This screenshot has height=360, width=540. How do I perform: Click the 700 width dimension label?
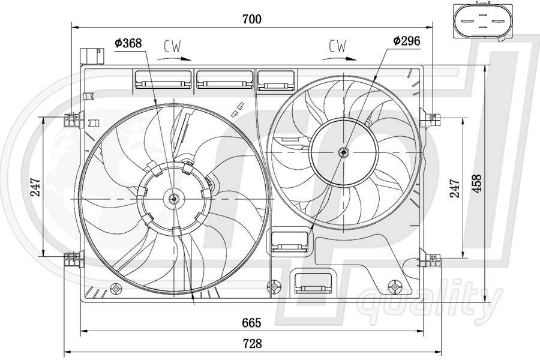pyautogui.click(x=252, y=19)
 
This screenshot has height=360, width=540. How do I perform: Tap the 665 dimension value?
pyautogui.click(x=252, y=323)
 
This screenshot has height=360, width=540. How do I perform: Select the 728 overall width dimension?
pyautogui.click(x=252, y=344)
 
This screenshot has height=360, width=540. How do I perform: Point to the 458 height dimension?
pyautogui.click(x=476, y=186)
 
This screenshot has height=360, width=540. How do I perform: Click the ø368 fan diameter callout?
pyautogui.click(x=128, y=43)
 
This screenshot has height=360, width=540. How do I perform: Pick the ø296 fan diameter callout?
pyautogui.click(x=406, y=41)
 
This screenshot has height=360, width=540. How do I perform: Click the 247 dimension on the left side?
pyautogui.click(x=35, y=187)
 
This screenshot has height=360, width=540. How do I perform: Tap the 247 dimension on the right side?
pyautogui.click(x=454, y=188)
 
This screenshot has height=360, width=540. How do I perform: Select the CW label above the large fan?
pyautogui.click(x=172, y=46)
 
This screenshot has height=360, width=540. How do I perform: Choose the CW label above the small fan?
pyautogui.click(x=338, y=46)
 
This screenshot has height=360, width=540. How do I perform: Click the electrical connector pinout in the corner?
pyautogui.click(x=478, y=22)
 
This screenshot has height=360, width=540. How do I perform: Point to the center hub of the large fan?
pyautogui.click(x=174, y=198)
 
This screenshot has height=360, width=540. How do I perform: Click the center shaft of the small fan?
pyautogui.click(x=343, y=152)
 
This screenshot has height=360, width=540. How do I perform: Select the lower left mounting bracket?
pyautogui.click(x=73, y=259)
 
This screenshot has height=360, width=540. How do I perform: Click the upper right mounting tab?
pyautogui.click(x=430, y=118)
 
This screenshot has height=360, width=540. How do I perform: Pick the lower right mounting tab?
pyautogui.click(x=430, y=260)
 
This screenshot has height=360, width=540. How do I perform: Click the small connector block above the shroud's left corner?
pyautogui.click(x=91, y=55)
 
